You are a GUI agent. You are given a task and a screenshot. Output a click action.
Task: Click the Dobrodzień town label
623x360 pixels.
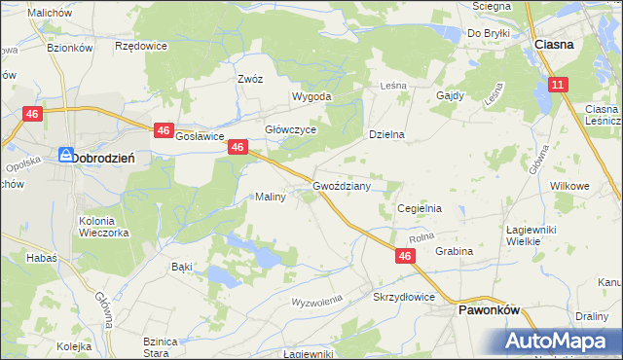point(109,157)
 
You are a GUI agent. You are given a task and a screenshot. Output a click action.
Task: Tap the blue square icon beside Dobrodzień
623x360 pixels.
point(65,156)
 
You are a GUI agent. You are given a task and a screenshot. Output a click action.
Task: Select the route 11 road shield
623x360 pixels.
point(557,86)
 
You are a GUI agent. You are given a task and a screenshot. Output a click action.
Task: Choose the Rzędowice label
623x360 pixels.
point(141,46)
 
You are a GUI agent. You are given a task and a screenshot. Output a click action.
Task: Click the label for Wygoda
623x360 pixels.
point(312,97)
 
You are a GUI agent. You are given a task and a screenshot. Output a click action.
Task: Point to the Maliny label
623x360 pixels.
point(270,197)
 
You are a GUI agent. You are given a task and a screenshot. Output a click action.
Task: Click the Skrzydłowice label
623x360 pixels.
point(402,296)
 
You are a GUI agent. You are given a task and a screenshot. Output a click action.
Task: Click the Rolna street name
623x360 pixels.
point(421,237)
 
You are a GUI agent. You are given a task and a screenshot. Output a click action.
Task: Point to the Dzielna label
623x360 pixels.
point(386,134)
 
